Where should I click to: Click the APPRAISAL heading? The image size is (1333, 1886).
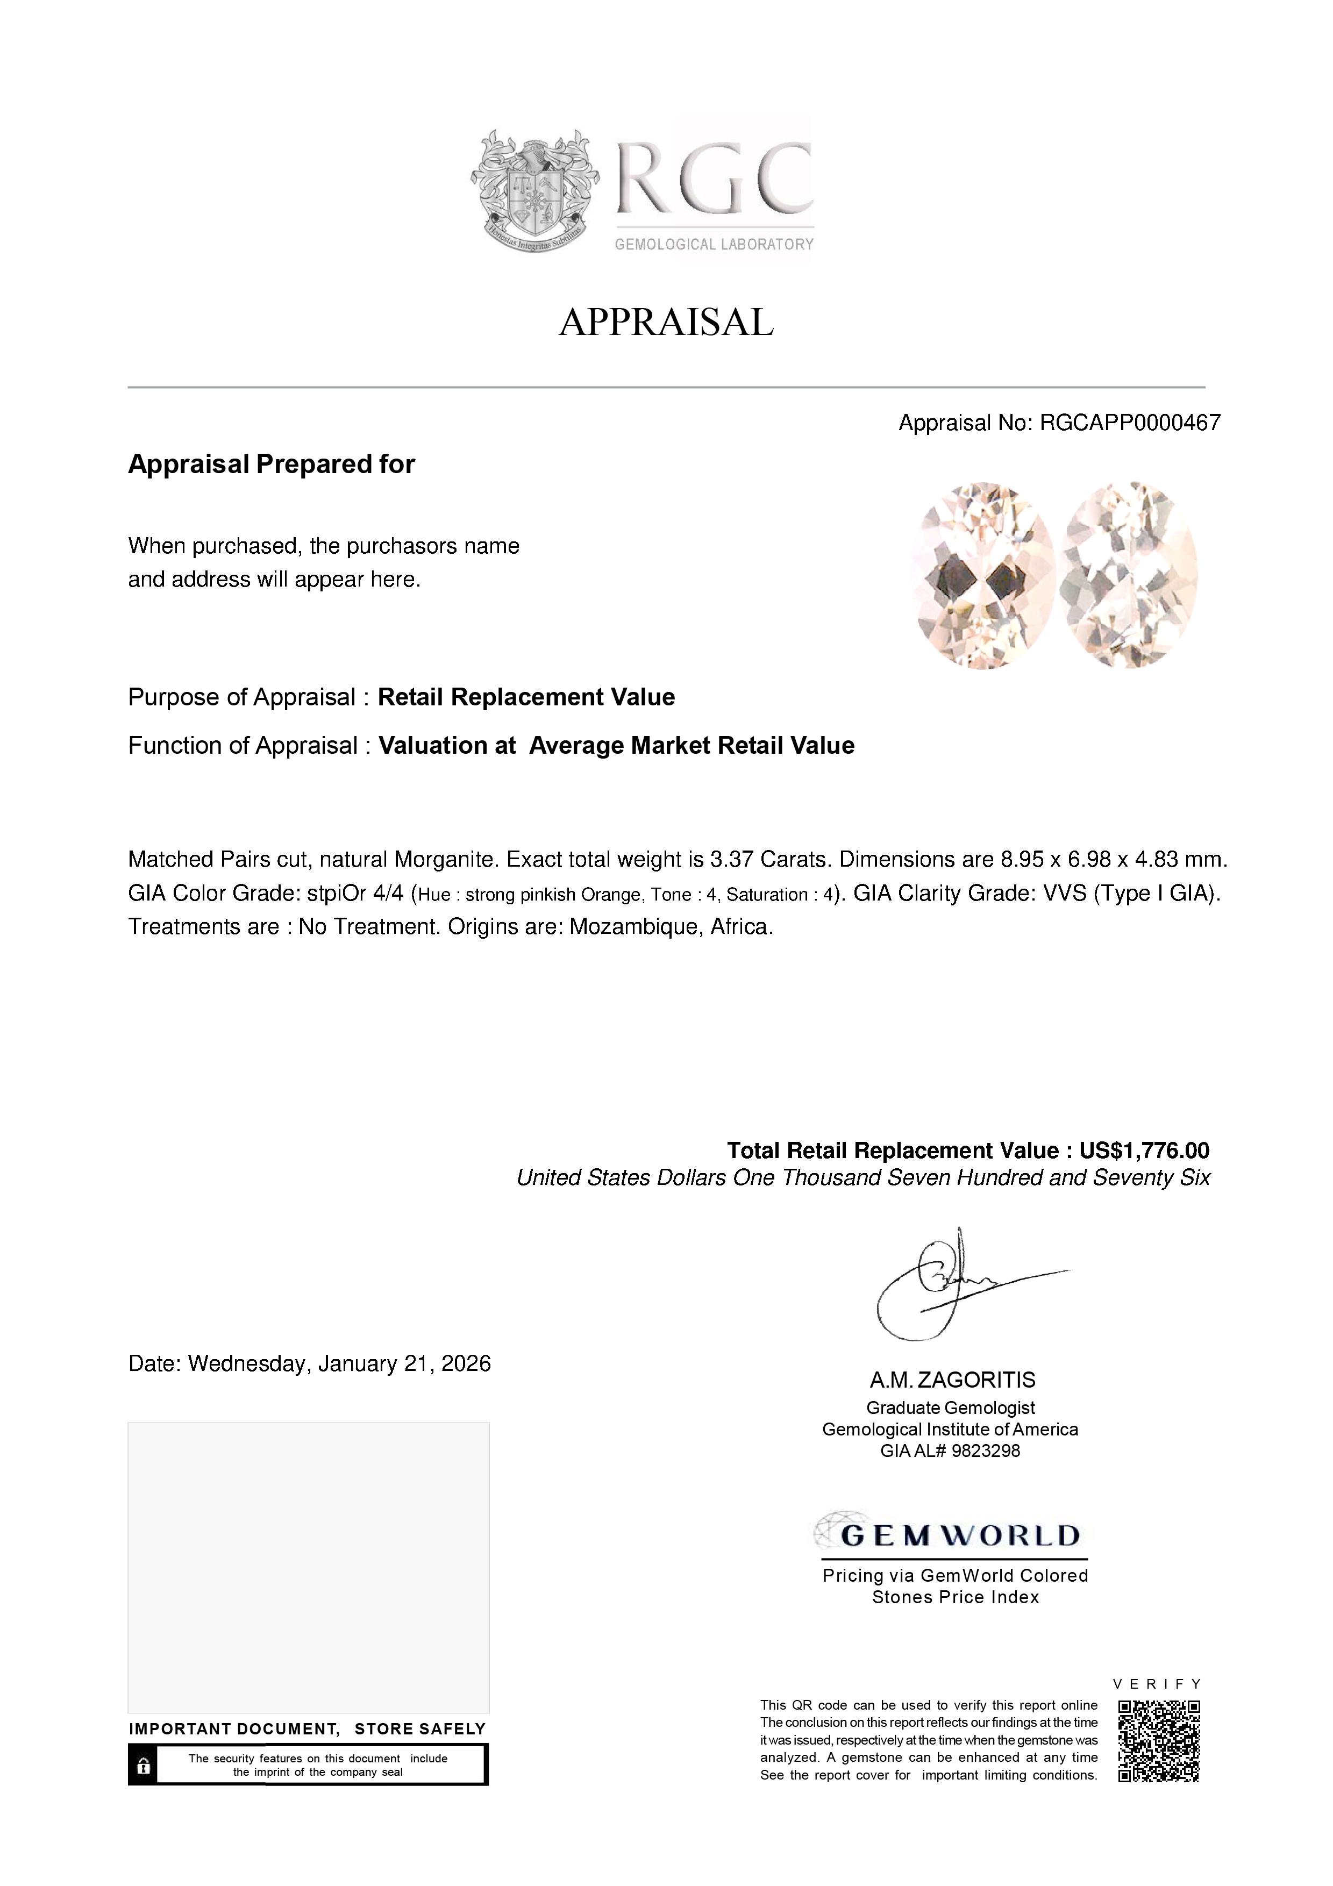666,322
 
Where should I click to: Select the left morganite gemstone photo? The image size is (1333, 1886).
983,575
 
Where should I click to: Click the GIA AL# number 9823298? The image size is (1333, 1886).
986,1451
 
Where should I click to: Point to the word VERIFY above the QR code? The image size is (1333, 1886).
1157,1683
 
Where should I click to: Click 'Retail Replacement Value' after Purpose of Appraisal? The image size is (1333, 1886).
526,697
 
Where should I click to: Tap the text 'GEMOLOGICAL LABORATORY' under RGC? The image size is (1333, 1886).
714,244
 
